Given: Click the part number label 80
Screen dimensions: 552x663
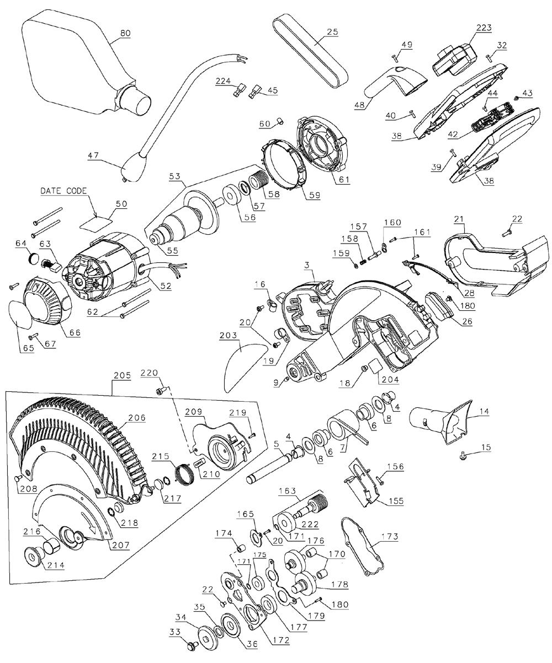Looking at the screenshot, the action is (x=125, y=33).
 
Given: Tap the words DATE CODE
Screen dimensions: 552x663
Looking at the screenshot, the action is (x=63, y=191).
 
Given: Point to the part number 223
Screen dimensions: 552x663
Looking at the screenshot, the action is (x=484, y=28).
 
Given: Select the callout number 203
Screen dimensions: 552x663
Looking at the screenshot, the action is (x=229, y=335).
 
